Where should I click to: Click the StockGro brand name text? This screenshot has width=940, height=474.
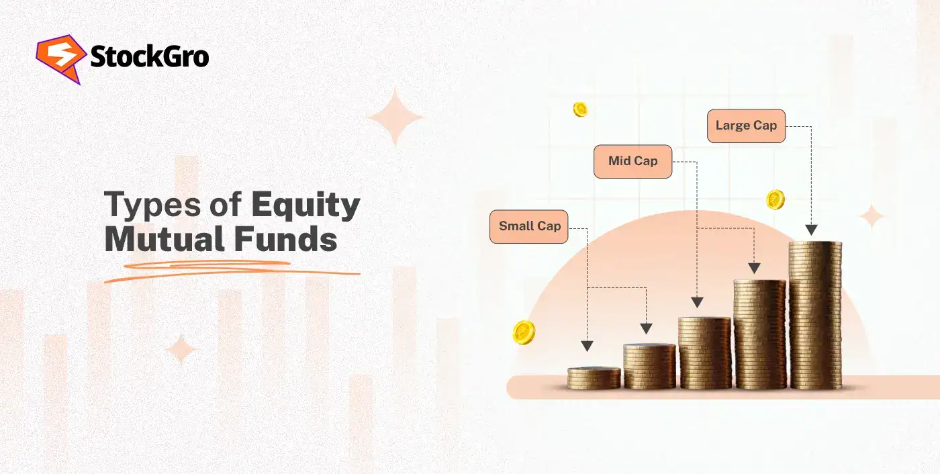coord(149,58)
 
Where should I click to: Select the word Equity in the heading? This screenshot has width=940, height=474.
coord(305,205)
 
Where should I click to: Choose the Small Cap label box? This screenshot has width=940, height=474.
coord(529,226)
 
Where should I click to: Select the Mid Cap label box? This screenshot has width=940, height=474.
coord(632,161)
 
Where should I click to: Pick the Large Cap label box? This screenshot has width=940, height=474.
coord(746,126)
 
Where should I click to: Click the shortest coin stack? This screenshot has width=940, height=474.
coord(594,378)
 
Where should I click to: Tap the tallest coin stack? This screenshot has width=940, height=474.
coord(815,316)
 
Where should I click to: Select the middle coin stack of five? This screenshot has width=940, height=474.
coord(704,353)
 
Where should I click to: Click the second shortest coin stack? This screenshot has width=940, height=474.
coord(649,367)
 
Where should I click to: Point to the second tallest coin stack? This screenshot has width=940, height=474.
coord(759,334)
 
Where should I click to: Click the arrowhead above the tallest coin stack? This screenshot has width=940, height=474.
coord(811,230)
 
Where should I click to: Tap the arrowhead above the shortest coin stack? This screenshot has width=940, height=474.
coord(587,346)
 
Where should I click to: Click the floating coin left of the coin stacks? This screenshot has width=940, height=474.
coord(524,332)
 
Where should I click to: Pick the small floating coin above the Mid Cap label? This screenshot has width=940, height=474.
coord(580,109)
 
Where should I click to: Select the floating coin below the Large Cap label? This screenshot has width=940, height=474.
coord(775,199)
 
